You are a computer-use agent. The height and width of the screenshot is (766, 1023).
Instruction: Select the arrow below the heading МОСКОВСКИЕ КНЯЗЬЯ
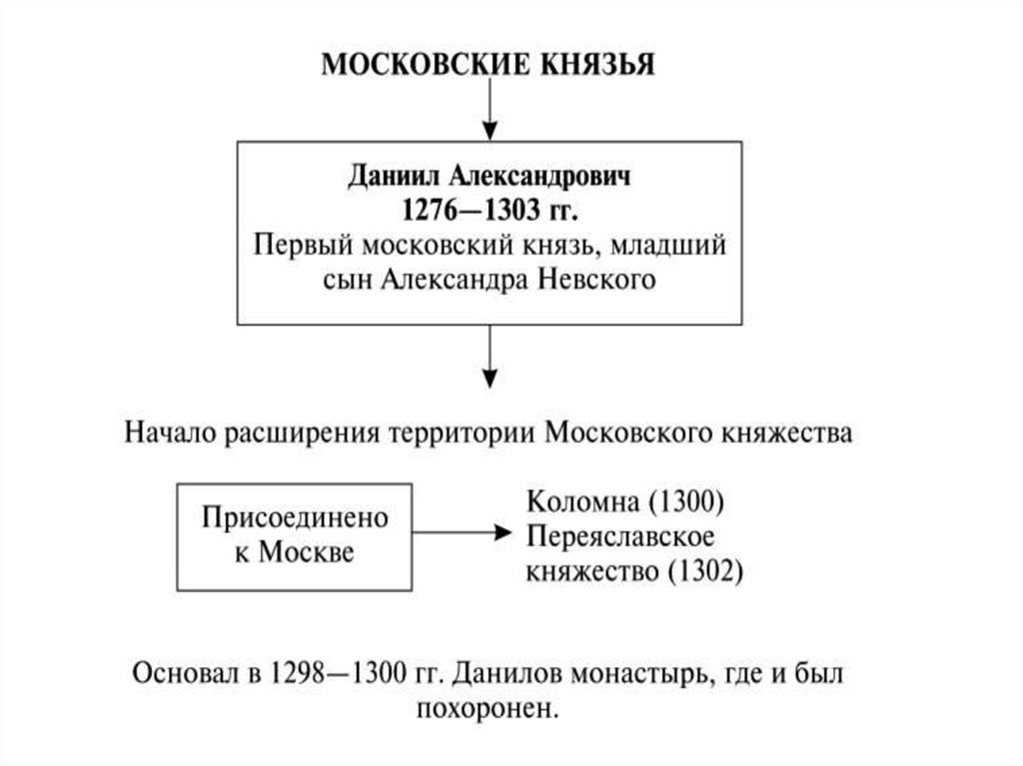click(489, 110)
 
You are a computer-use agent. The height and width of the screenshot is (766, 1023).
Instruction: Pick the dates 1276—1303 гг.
click(489, 211)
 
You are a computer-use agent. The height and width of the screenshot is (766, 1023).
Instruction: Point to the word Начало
click(171, 432)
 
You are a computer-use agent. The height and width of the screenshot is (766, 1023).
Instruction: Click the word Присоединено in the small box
click(294, 518)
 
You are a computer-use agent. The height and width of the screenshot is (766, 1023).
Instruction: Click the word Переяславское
click(619, 535)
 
